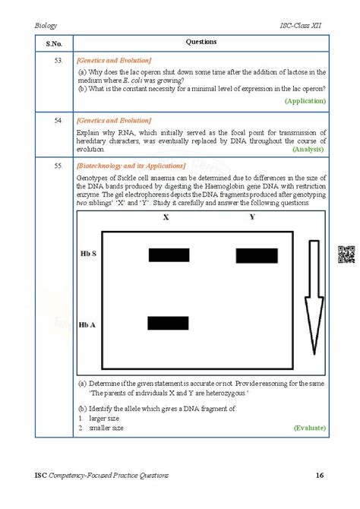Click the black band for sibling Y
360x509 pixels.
[257, 255]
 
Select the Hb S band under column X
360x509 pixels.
[169, 255]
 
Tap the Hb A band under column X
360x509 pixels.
[169, 324]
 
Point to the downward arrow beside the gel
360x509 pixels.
[312, 296]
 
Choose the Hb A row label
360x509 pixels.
[88, 324]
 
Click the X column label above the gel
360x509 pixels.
[166, 218]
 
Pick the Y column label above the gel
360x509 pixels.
[252, 218]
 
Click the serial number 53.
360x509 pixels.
[58, 59]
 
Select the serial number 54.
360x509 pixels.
[58, 120]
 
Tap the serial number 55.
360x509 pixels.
[58, 165]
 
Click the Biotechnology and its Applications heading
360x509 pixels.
[131, 165]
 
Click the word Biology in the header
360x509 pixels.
[46, 25]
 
